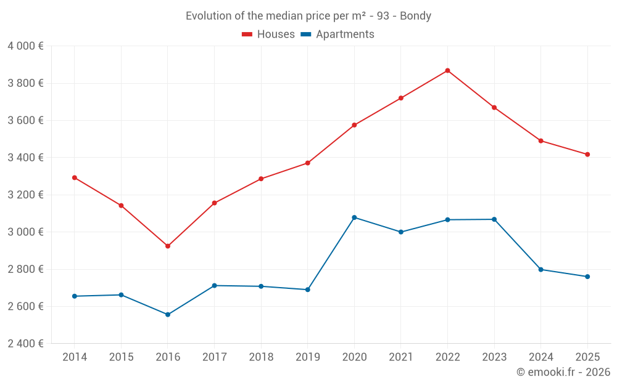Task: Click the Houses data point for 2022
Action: point(447,71)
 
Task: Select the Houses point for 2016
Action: point(168,246)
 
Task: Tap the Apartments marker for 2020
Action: point(354,217)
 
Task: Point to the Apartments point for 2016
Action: point(168,315)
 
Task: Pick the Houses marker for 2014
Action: point(75,178)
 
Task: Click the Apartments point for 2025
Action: point(587,277)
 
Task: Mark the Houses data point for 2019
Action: point(307,163)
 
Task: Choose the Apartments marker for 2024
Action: point(540,270)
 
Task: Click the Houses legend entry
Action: point(268,34)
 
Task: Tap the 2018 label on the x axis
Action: point(261,357)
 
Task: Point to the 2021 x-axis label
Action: point(401,357)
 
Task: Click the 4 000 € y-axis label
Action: point(25,46)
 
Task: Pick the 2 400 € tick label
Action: point(25,344)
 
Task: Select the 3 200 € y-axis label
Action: point(25,195)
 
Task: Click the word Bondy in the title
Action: point(415,16)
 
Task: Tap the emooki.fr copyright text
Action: point(563,372)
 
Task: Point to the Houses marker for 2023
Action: point(494,108)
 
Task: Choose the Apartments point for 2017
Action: point(214,286)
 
